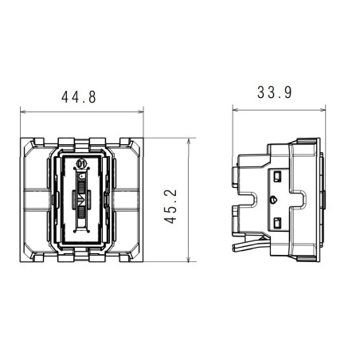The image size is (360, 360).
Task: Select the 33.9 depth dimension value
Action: pos(274,92)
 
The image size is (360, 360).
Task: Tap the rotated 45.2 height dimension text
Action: pos(170,204)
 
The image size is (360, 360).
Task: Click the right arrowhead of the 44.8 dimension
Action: pos(141,112)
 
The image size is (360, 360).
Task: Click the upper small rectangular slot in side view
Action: pos(280,172)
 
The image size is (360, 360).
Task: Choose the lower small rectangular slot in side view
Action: pos(280,222)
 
